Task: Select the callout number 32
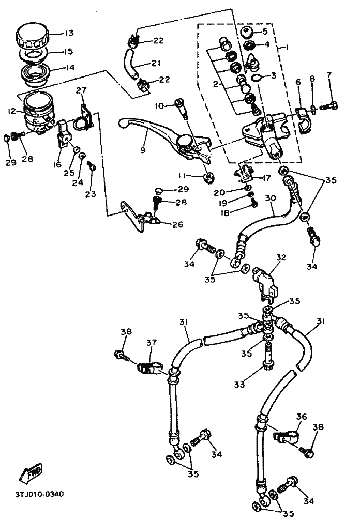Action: (x=281, y=258)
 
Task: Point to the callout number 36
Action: (x=302, y=417)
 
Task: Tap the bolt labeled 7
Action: (x=328, y=107)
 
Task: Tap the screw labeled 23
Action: (x=91, y=166)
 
